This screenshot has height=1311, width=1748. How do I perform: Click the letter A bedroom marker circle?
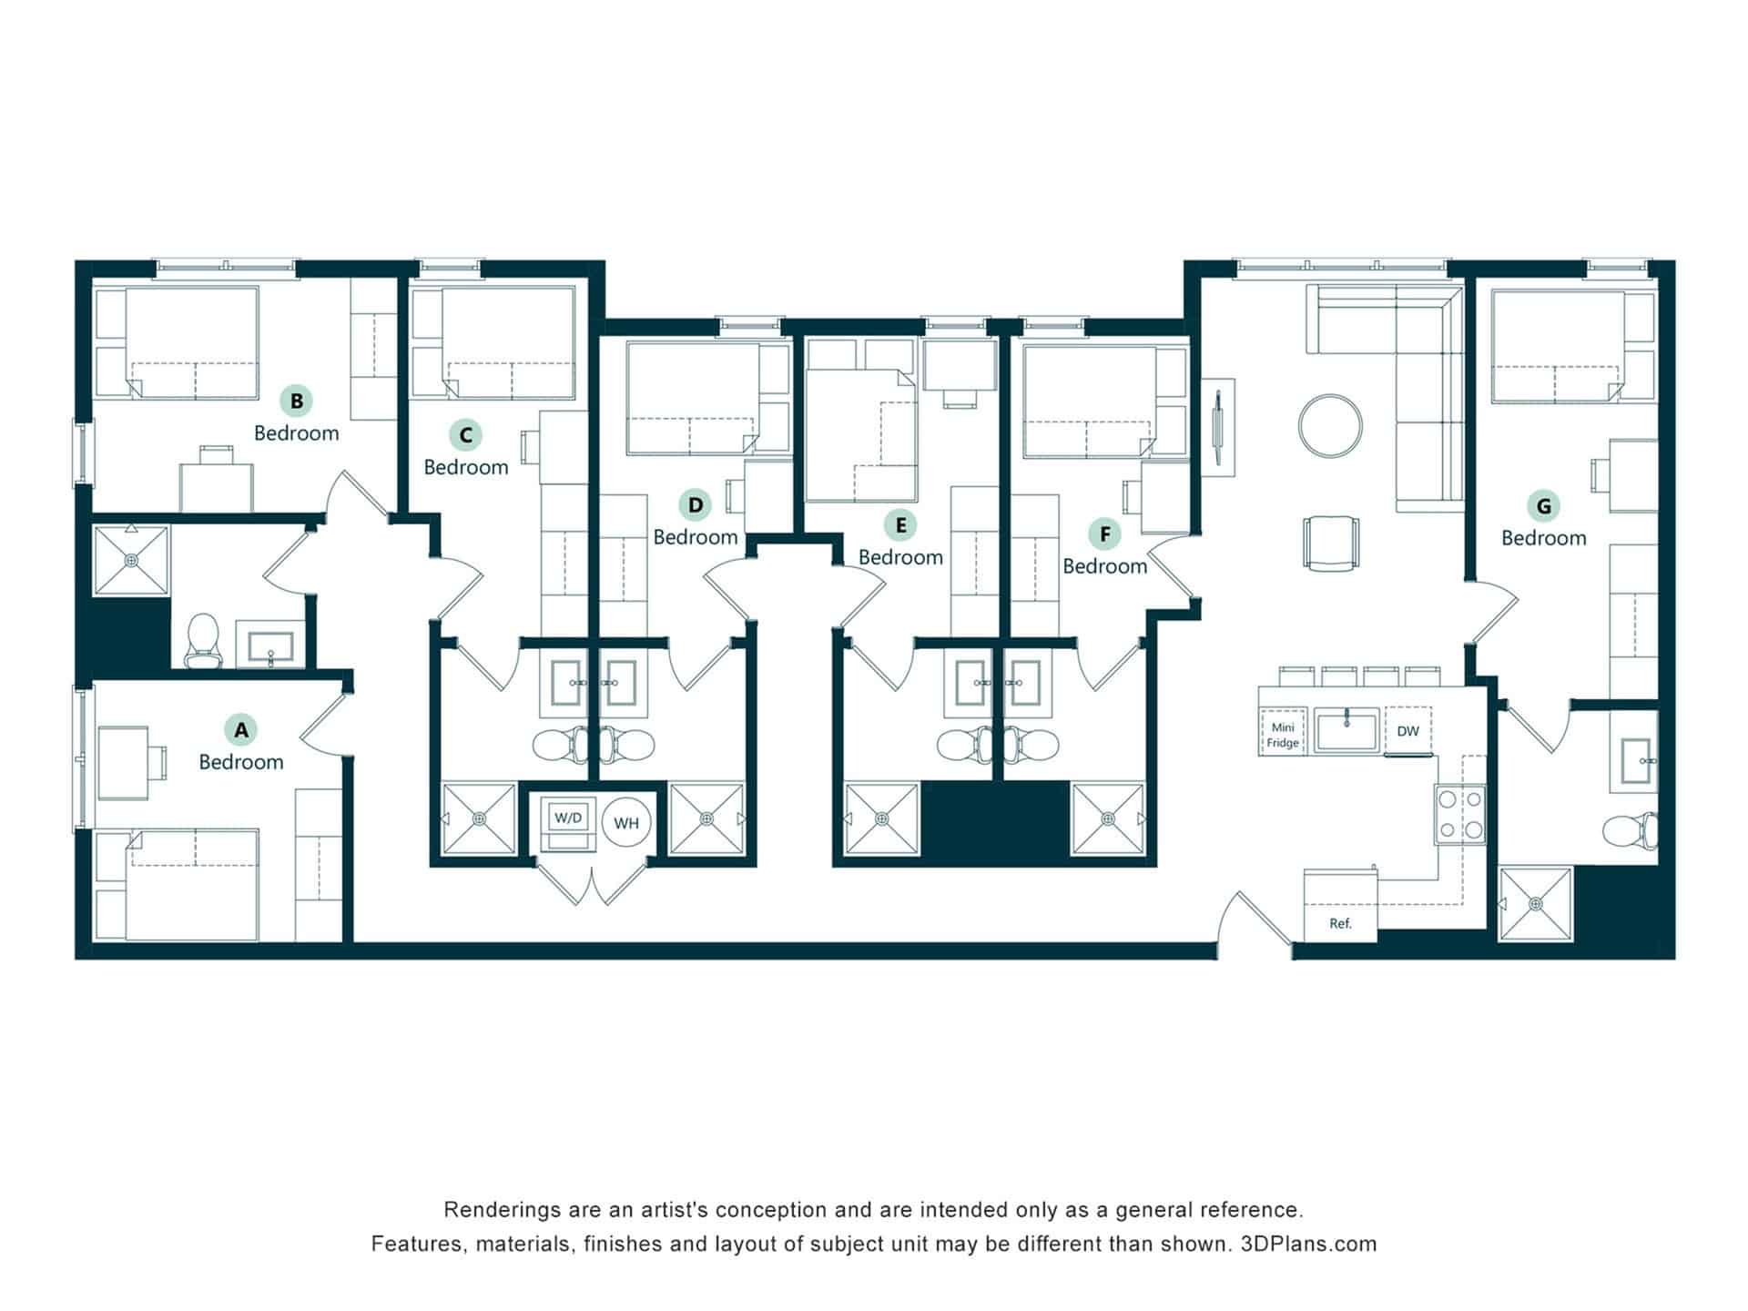241,729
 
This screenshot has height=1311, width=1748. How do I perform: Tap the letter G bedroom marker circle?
1544,505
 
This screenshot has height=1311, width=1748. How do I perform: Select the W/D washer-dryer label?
568,818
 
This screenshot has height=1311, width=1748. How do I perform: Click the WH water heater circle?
626,823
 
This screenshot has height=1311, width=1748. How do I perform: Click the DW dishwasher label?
1408,731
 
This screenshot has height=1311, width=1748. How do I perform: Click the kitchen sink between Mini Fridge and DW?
1347,729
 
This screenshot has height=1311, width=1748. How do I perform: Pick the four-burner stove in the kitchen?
1460,815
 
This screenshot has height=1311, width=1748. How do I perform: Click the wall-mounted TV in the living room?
1219,427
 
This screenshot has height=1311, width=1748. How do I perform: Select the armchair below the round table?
1331,544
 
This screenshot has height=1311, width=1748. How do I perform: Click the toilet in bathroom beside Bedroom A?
203,640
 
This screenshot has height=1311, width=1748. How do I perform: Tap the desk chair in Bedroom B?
217,454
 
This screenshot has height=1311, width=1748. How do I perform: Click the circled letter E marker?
900,525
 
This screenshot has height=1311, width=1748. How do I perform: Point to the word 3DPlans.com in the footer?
1308,1244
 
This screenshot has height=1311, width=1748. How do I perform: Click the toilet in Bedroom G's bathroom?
1630,829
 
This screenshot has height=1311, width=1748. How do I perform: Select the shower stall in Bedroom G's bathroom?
1536,904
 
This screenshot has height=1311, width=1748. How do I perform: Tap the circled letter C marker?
466,435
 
